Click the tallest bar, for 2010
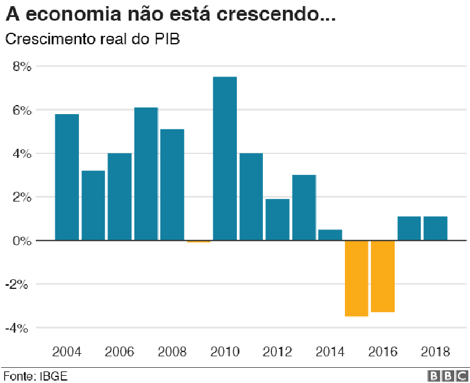(x=225, y=158)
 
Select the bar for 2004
(x=67, y=177)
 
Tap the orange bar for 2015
(x=356, y=278)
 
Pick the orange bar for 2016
(x=383, y=276)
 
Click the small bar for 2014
(x=330, y=235)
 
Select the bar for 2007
(x=146, y=174)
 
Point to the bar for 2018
(x=435, y=228)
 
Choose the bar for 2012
(x=278, y=219)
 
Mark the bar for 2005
(x=93, y=205)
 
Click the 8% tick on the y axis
(x=21, y=67)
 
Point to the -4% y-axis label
(x=19, y=328)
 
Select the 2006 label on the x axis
(x=120, y=352)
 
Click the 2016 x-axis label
(x=383, y=352)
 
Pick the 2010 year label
(x=225, y=352)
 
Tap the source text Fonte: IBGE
(x=35, y=376)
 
